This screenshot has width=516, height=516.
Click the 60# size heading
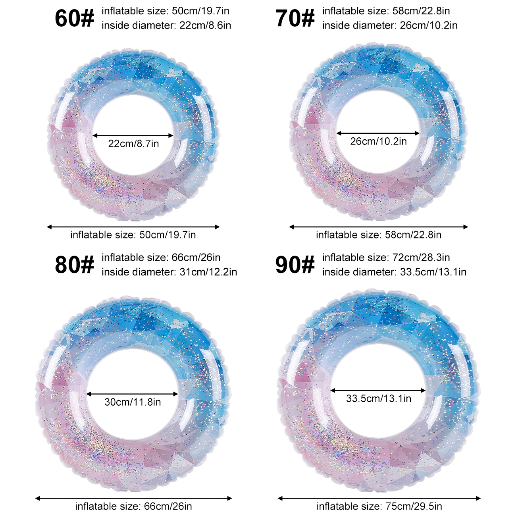[x=74, y=18]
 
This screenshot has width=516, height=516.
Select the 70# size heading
[x=295, y=18]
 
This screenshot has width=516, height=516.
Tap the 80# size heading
[x=74, y=265]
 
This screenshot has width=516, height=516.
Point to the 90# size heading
[x=295, y=265]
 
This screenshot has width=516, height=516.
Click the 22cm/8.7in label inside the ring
[x=133, y=144]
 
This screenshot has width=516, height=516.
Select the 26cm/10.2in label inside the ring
[x=378, y=141]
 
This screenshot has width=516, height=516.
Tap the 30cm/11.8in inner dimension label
[x=133, y=402]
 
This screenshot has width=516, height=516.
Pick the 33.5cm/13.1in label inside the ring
[x=378, y=399]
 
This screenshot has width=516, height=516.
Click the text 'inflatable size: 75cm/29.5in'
[x=379, y=506]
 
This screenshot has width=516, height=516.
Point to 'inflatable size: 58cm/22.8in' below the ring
[x=379, y=235]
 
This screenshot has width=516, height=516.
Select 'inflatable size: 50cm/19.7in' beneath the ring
[x=133, y=235]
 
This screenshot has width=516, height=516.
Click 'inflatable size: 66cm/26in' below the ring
[x=133, y=506]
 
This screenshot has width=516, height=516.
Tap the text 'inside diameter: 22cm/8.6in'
[x=166, y=25]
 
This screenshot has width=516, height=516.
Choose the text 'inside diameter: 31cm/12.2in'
[x=169, y=272]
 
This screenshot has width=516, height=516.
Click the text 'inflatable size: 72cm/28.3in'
[x=386, y=258]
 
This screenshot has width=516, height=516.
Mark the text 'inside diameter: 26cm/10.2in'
[x=390, y=25]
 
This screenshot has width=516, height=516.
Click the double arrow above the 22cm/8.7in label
[x=133, y=136]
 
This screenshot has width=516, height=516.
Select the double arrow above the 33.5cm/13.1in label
[x=378, y=391]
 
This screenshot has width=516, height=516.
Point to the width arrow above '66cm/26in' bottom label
[x=133, y=498]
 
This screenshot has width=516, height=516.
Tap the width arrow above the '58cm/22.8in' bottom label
[x=379, y=227]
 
